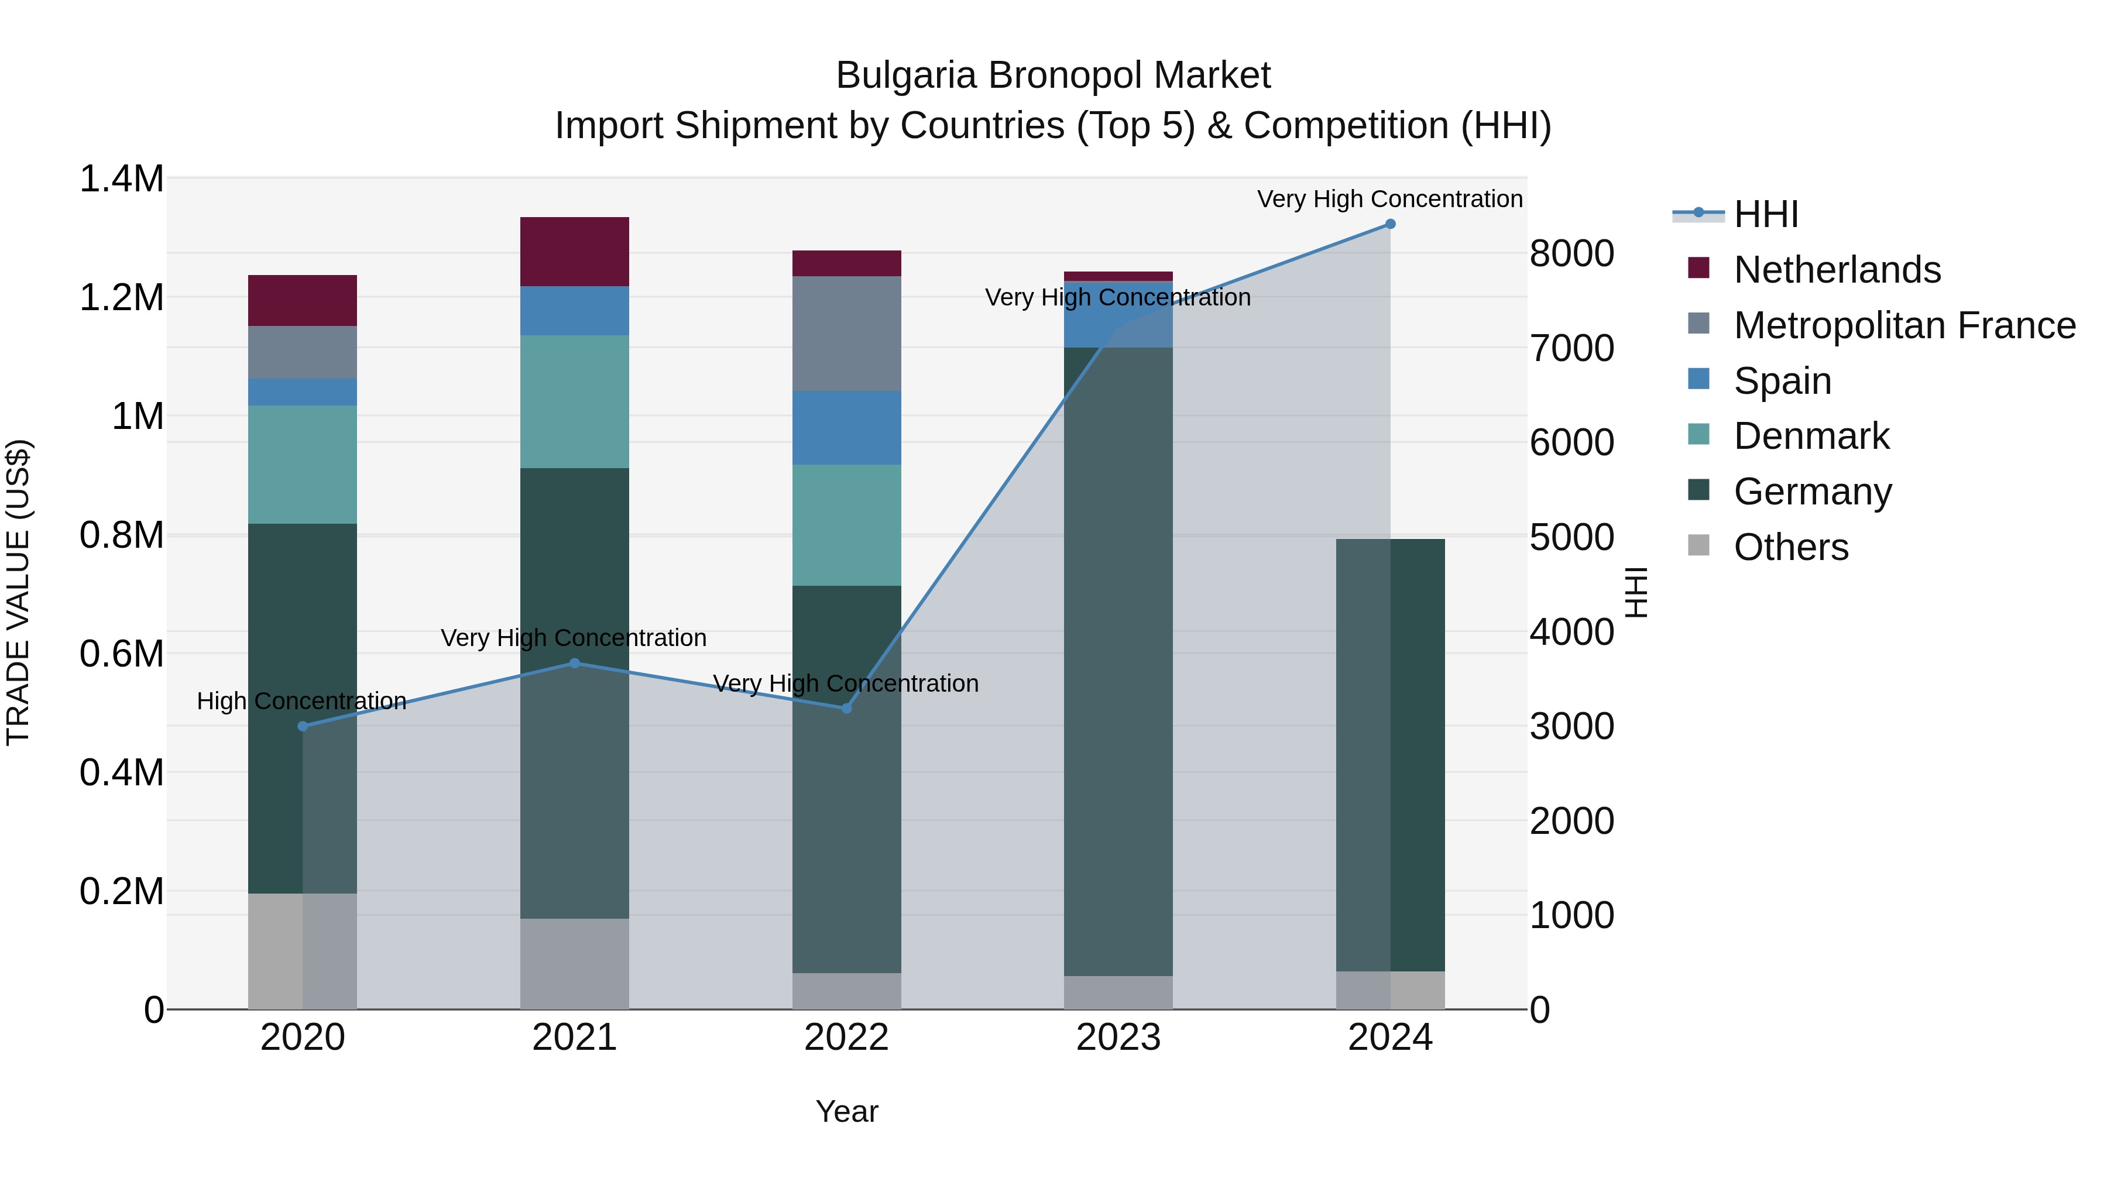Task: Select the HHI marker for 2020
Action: point(303,726)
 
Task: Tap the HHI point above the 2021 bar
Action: point(574,663)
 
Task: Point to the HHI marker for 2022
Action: point(846,708)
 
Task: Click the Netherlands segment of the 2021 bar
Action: point(574,252)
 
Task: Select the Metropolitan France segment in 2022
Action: point(846,334)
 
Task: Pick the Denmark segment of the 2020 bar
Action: point(303,465)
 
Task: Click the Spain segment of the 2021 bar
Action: point(574,311)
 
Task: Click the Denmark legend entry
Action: point(1811,436)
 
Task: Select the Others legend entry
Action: point(1790,547)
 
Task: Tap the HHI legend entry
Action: point(1765,214)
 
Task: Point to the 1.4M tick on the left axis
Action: point(121,179)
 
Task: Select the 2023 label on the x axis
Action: point(1118,1038)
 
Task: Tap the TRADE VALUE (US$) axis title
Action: point(18,592)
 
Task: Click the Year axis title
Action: point(846,1111)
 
